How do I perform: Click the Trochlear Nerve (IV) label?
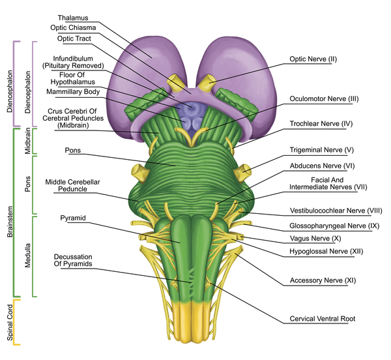click(321, 123)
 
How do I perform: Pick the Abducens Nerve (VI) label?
click(321, 166)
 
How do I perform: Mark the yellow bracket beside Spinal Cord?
click(17, 322)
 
